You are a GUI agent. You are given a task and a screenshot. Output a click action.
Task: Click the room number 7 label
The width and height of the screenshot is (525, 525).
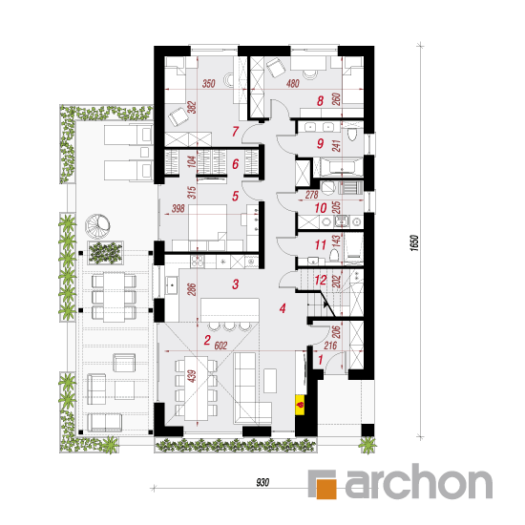point(236,132)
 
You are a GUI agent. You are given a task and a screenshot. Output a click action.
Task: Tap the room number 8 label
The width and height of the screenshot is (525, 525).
point(320,101)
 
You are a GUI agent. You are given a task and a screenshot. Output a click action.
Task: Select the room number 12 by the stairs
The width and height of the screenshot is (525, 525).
point(320,280)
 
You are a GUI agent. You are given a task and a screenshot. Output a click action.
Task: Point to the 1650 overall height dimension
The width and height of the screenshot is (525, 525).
point(414,242)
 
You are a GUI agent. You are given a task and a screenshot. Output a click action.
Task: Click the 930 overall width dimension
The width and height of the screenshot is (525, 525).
point(262,482)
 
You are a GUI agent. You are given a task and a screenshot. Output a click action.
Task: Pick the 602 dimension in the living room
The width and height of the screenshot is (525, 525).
point(220,346)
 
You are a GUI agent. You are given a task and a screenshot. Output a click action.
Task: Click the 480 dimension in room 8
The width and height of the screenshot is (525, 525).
point(293,83)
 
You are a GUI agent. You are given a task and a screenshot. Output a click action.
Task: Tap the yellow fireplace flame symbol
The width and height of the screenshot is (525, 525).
point(300,405)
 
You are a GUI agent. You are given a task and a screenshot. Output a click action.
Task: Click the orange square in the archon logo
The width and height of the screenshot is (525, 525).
point(326,488)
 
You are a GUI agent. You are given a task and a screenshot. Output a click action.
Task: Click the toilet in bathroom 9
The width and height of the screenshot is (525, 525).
point(352,133)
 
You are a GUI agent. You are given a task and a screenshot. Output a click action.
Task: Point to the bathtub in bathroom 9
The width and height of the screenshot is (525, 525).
point(341,167)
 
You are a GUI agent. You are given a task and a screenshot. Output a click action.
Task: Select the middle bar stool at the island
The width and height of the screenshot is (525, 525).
point(230,326)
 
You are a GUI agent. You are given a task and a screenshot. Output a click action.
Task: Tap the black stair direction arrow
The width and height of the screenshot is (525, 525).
point(326,304)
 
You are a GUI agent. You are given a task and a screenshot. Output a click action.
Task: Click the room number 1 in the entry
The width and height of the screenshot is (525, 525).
point(321,360)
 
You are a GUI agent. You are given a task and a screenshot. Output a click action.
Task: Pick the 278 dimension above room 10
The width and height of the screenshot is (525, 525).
point(311,195)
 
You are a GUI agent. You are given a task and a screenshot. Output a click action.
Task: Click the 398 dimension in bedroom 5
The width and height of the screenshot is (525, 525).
point(178,209)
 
